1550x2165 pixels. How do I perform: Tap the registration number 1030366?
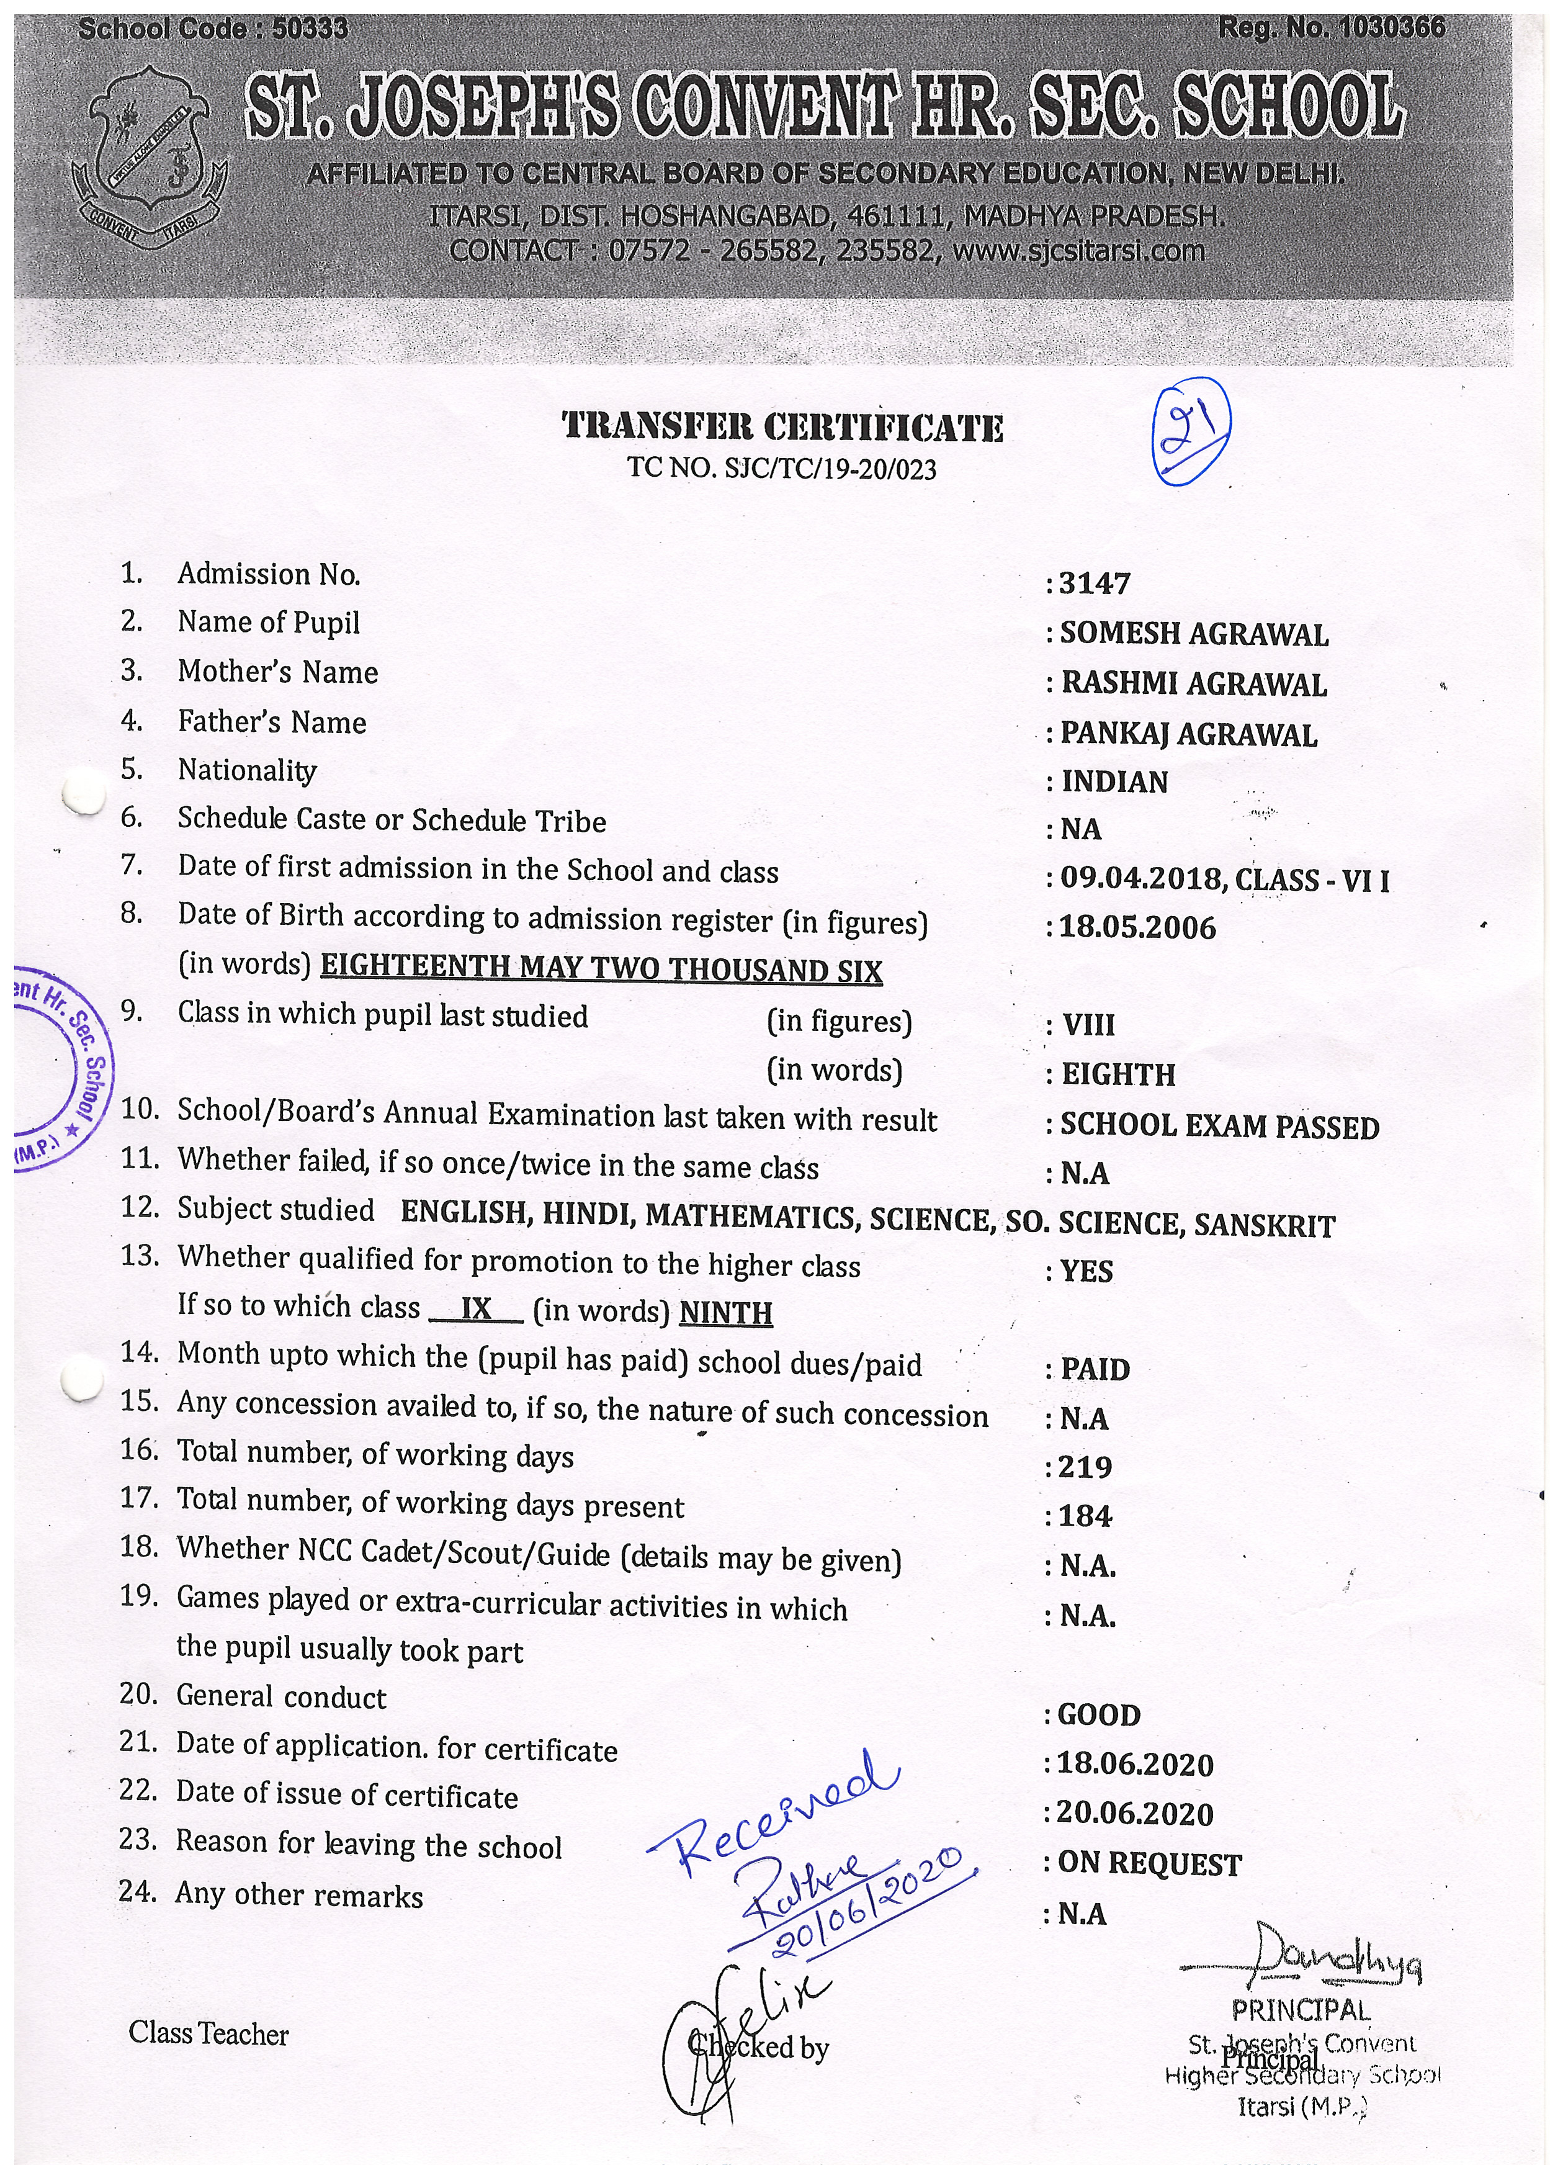tap(1391, 29)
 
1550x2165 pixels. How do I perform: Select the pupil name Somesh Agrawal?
tap(1193, 634)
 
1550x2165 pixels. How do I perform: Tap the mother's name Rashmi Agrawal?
tap(1193, 685)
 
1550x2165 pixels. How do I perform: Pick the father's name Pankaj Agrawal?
tap(1188, 734)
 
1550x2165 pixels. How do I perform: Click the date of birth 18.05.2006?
tap(1138, 928)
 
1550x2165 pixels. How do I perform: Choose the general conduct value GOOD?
tap(1098, 1716)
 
